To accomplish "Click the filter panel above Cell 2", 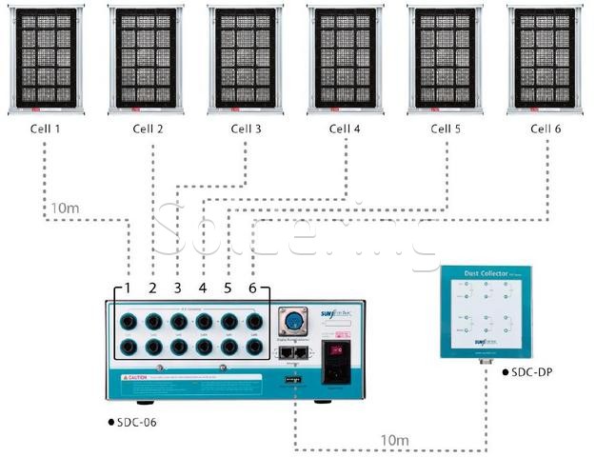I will point(145,60).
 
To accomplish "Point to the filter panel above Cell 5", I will point(444,60).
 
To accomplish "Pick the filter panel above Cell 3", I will point(245,60).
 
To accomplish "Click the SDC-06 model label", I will point(134,422).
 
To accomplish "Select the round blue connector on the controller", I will point(294,321).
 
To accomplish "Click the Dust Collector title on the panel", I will point(490,273).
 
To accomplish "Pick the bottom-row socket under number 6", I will point(253,348).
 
